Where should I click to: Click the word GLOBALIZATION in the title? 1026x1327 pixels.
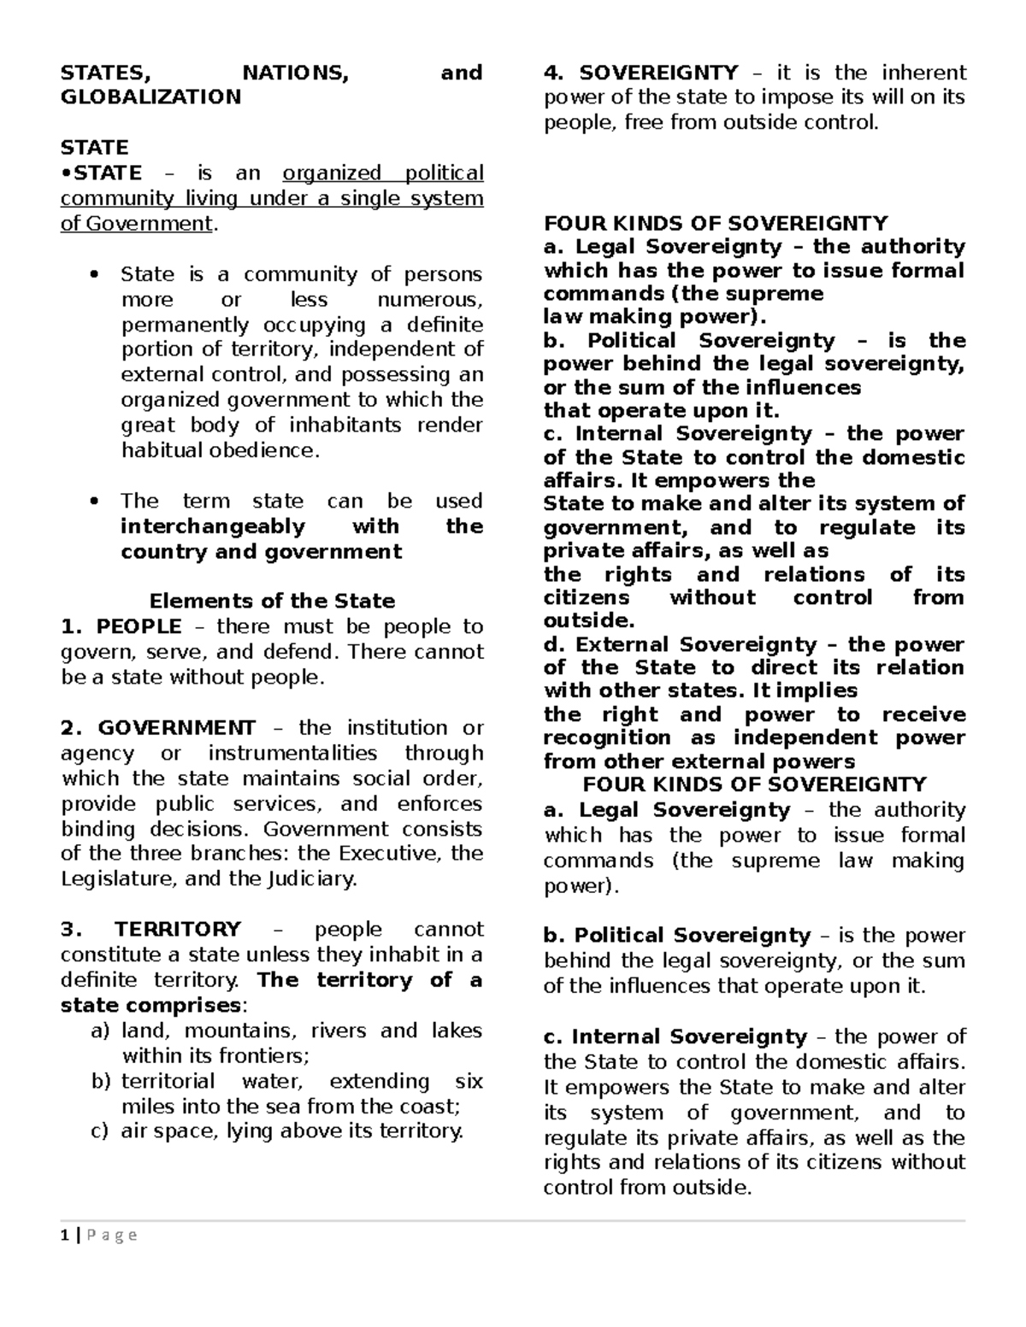pyautogui.click(x=150, y=97)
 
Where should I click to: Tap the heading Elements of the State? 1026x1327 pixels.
pyautogui.click(x=272, y=601)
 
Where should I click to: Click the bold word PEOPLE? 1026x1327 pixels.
pyautogui.click(x=139, y=626)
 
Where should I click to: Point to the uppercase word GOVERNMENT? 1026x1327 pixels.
pyautogui.click(x=176, y=728)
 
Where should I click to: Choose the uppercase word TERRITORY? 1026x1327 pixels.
pyautogui.click(x=178, y=929)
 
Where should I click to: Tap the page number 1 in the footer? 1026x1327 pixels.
pyautogui.click(x=64, y=1235)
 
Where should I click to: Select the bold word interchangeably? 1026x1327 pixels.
pyautogui.click(x=213, y=526)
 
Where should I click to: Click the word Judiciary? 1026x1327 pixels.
pyautogui.click(x=313, y=878)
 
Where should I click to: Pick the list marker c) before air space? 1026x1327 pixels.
pyautogui.click(x=100, y=1131)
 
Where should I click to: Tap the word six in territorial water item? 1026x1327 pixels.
pyautogui.click(x=469, y=1081)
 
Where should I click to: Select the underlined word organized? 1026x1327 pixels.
pyautogui.click(x=332, y=173)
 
